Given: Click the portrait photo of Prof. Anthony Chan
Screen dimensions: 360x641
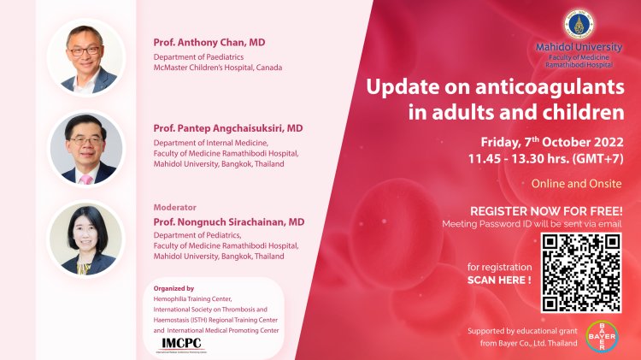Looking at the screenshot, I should (86, 57).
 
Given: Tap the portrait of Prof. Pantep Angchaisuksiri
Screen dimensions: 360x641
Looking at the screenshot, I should (86, 148).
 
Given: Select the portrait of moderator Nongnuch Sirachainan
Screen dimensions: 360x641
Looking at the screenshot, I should (86, 239).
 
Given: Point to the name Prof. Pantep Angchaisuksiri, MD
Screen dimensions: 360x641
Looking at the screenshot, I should (228, 127).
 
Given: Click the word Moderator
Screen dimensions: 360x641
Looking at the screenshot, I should (174, 206).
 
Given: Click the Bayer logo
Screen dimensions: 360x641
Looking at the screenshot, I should (603, 337).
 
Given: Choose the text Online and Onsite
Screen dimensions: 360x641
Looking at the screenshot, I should (576, 183).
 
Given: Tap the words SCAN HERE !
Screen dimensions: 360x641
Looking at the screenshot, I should (500, 279).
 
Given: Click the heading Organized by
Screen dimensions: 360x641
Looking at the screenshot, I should (168, 288).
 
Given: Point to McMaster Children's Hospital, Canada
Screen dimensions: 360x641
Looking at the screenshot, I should (217, 67).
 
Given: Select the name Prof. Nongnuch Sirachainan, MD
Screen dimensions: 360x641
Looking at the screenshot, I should (229, 220).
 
